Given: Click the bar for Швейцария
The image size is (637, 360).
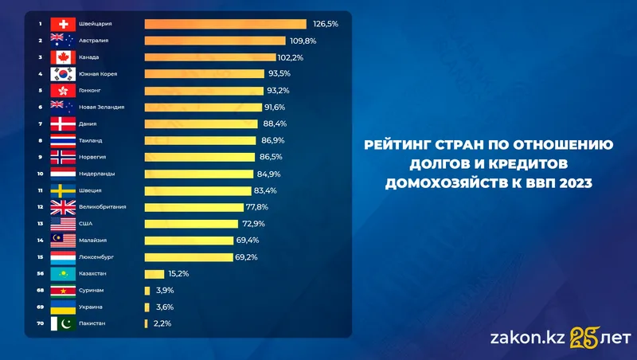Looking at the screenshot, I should (x=225, y=24).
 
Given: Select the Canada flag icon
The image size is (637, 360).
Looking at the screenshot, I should (x=62, y=57).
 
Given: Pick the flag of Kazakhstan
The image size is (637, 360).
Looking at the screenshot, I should (x=62, y=274).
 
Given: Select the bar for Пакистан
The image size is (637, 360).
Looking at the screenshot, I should (x=147, y=323).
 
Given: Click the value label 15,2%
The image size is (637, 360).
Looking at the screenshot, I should (x=179, y=274).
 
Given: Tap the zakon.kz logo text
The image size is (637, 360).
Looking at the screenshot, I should (x=526, y=338).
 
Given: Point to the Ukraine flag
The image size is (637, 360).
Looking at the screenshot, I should (x=62, y=307).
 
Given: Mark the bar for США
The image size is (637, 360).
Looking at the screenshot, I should (x=192, y=224).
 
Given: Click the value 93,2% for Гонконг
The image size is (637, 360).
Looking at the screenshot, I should (x=279, y=91).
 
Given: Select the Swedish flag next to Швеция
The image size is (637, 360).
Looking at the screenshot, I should (x=62, y=190).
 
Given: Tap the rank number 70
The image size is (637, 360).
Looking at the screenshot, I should (x=39, y=323).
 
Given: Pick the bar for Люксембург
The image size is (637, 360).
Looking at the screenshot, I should (x=188, y=257).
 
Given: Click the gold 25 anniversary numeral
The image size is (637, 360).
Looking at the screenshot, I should (x=584, y=338).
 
